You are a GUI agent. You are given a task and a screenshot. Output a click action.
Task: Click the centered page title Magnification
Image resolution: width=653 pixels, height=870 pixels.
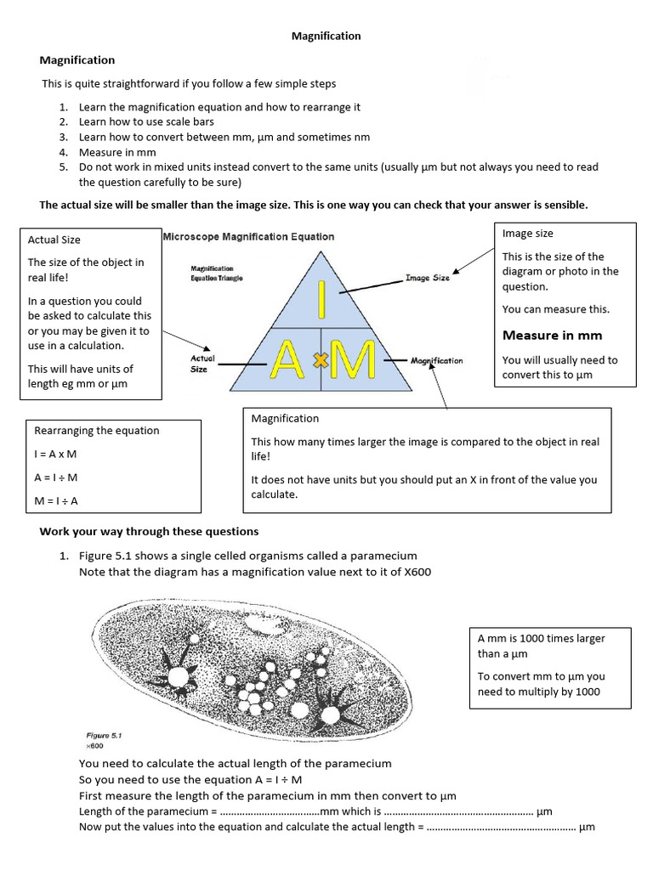tap(326, 37)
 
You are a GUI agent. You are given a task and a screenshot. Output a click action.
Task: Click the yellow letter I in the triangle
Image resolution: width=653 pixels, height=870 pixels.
tap(321, 299)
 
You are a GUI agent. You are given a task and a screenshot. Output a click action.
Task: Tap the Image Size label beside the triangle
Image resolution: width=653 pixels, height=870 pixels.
tap(427, 277)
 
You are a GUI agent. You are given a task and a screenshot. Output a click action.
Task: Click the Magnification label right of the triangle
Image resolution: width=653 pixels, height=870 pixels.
tap(436, 360)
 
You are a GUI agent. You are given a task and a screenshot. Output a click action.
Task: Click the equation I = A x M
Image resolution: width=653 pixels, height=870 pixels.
tap(55, 455)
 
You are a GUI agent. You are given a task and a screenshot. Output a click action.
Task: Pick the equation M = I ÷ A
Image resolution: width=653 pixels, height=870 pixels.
tap(56, 500)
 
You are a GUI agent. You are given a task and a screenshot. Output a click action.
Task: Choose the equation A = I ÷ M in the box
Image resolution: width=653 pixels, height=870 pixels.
tap(56, 477)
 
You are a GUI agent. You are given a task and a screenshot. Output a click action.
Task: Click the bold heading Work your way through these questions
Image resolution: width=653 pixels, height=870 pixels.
tap(149, 532)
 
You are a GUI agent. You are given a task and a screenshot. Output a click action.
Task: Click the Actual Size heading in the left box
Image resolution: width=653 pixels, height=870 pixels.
tap(54, 240)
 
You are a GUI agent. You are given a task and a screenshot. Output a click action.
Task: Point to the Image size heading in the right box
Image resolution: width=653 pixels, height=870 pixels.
tap(527, 234)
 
